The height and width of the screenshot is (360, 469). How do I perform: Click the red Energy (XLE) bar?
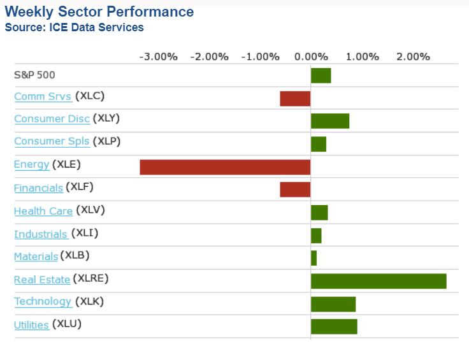pos(225,167)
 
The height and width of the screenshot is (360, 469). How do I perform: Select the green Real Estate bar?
pos(379,281)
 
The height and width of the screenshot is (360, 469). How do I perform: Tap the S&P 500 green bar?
pos(321,75)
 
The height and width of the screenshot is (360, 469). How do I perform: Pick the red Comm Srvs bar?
pos(295,98)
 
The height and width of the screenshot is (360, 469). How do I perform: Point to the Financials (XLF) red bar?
pos(295,189)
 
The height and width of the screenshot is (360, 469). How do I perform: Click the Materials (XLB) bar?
pos(314,258)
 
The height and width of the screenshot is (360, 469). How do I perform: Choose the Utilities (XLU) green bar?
pos(334,326)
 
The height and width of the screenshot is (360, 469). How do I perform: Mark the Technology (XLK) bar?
pos(333,304)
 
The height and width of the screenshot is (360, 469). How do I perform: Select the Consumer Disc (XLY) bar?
pos(330,121)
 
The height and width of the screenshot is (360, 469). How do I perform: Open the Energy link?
pos(31,164)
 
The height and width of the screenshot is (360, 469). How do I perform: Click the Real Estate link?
pos(42,279)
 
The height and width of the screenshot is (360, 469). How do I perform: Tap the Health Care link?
pos(43,211)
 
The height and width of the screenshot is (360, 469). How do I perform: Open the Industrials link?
pos(41,234)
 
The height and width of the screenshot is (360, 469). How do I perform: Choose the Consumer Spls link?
pos(52,141)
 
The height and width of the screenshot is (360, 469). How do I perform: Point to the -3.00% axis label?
pos(158,56)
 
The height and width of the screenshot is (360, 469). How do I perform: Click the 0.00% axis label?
pos(311,56)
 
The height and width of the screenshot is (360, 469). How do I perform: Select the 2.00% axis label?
pos(413,56)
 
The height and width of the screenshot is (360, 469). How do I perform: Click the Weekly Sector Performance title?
pos(99,12)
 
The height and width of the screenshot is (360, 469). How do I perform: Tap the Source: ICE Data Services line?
pos(74,27)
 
